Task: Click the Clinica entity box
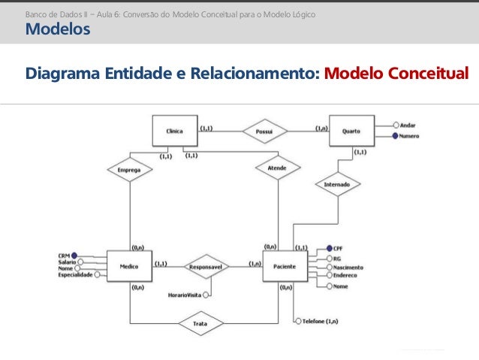(174, 131)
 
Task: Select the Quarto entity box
(351, 131)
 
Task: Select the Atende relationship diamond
(276, 168)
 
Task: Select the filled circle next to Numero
(395, 136)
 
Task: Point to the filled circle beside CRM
(74, 256)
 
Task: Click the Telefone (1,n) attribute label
(320, 321)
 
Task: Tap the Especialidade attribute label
(75, 275)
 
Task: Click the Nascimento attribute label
(348, 267)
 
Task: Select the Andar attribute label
(408, 126)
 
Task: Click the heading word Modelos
(58, 29)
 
